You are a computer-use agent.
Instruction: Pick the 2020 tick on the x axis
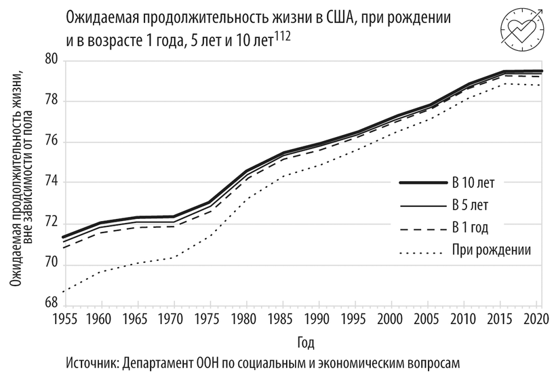[534, 319]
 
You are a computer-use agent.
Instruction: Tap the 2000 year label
[390, 319]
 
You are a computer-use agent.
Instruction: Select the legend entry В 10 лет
[477, 182]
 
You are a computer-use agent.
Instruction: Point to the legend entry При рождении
[490, 250]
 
